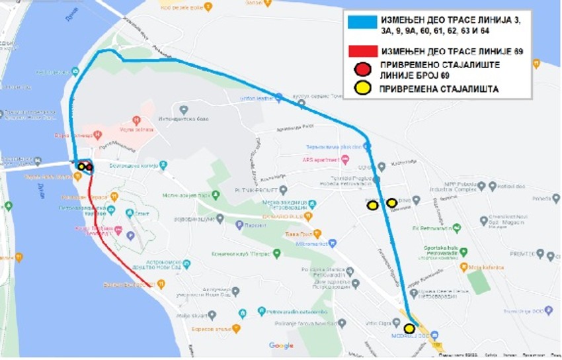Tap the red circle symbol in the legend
362,69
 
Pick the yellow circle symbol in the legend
362,89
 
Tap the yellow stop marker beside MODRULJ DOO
409,328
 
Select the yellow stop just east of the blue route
392,202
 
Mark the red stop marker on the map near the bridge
89,167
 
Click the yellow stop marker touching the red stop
81,167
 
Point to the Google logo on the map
281,345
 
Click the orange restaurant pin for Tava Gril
317,233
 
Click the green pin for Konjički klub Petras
276,253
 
